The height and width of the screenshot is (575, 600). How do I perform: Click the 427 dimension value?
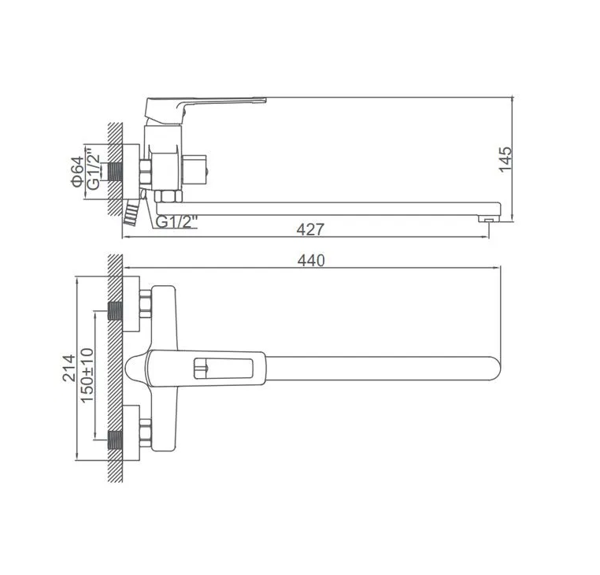click(310, 230)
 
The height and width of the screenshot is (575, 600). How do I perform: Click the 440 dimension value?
click(311, 261)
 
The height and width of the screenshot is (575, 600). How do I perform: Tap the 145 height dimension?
click(506, 159)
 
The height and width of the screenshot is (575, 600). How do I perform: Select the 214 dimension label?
click(69, 368)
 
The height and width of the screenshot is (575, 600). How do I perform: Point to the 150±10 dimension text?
click(87, 374)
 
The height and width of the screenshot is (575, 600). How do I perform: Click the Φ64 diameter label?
click(77, 172)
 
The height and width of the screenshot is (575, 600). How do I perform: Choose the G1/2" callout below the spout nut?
click(177, 222)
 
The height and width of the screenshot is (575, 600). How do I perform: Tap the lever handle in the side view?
click(205, 109)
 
